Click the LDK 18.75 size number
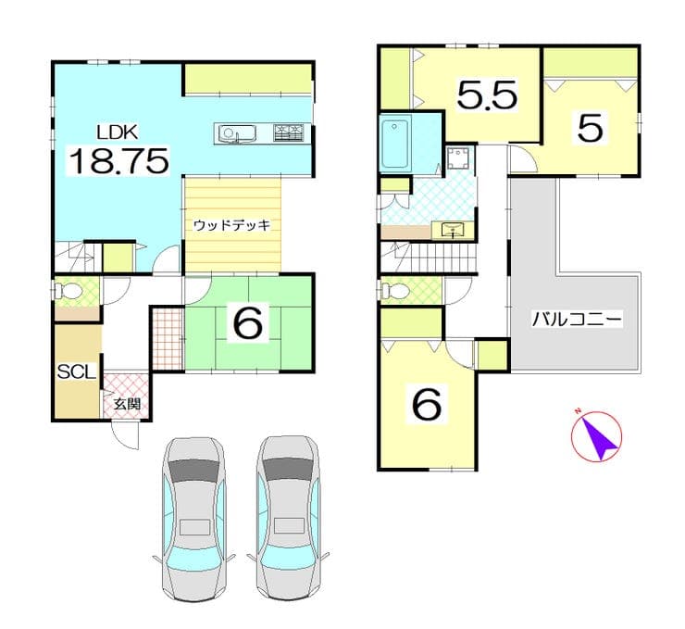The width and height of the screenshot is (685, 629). coord(118,161)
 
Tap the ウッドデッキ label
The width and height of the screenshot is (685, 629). coord(232,225)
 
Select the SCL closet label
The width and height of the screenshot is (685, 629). coord(77,372)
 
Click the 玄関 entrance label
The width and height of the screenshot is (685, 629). coord(127,404)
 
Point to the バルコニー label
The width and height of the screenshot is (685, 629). coord(577,319)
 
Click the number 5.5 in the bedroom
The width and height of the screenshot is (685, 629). coord(487,94)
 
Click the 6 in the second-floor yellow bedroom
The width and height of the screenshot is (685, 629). coord(427,404)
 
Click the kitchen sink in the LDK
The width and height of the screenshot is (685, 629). coord(236,132)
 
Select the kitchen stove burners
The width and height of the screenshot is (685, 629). coord(289,132)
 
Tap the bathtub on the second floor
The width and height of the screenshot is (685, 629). coord(395,144)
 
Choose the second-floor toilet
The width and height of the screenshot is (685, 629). coord(393,289)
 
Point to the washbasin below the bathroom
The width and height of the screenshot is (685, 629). coord(453,230)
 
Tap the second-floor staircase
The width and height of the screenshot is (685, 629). coord(428,257)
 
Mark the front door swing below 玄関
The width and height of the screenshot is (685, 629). coord(125,435)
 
